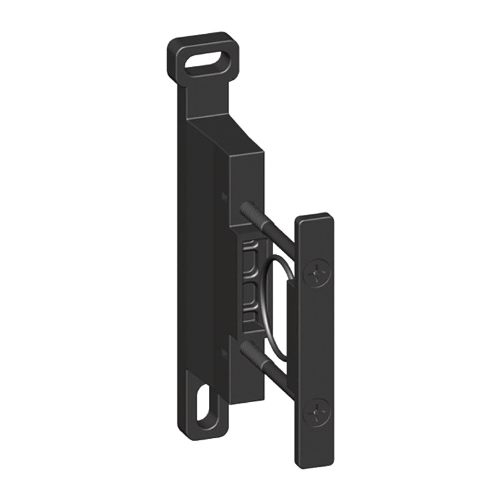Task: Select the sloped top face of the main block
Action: (x=230, y=136)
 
